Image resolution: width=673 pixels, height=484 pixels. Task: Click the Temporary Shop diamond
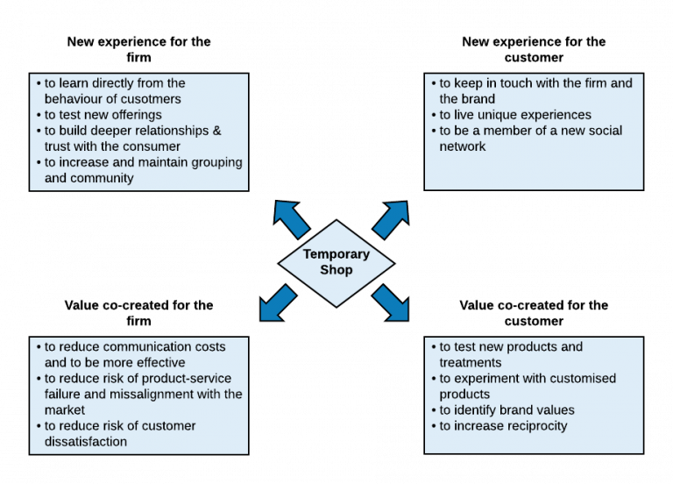click(336, 263)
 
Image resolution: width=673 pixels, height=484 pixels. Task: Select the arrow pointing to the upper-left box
click(291, 218)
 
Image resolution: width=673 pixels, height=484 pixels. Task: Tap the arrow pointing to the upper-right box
click(391, 218)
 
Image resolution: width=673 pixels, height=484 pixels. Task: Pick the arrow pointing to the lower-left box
click(278, 303)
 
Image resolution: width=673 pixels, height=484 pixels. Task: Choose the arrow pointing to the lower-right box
click(391, 303)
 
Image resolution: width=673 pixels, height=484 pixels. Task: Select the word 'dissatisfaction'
click(86, 442)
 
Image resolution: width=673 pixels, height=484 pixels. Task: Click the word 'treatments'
click(471, 363)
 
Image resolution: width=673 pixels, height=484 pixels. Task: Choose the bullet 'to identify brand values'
click(507, 410)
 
